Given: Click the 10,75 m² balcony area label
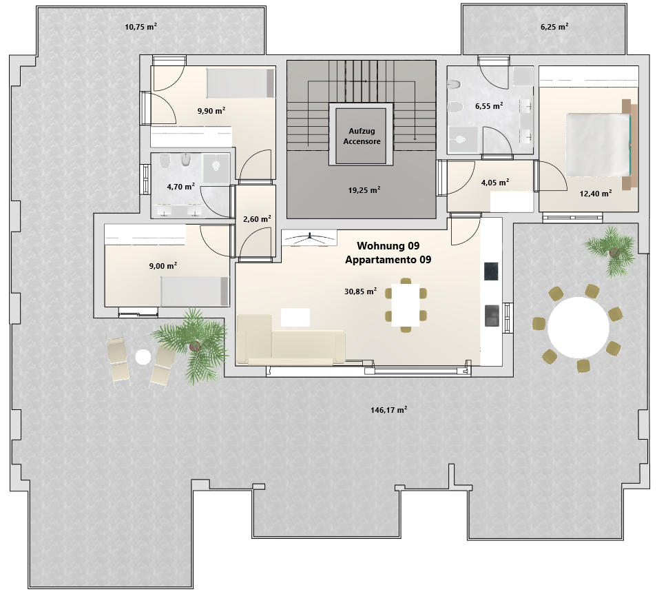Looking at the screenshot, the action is [x=140, y=27].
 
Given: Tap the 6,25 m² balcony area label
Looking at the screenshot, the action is [x=554, y=27].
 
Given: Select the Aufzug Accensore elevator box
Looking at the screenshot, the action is [x=361, y=136].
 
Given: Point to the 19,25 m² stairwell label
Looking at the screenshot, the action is [x=364, y=190].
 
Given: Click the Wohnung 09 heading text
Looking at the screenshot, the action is [x=388, y=245].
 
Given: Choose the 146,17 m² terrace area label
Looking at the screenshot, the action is [x=389, y=410].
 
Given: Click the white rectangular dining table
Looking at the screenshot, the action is [x=406, y=305].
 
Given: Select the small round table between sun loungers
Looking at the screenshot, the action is [x=143, y=357].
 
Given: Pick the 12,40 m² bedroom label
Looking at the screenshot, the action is [x=596, y=194].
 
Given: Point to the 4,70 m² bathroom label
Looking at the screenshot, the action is [x=180, y=187].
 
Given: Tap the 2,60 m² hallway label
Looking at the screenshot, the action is [x=257, y=219].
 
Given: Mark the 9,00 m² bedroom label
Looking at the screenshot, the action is [x=163, y=266].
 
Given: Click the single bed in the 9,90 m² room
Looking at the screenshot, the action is [x=240, y=83].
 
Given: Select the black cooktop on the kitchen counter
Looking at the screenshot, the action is [x=491, y=272].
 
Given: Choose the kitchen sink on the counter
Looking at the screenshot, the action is [x=492, y=316].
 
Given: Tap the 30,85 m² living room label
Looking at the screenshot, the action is [x=360, y=291].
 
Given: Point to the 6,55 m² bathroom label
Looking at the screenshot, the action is [x=489, y=106].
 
